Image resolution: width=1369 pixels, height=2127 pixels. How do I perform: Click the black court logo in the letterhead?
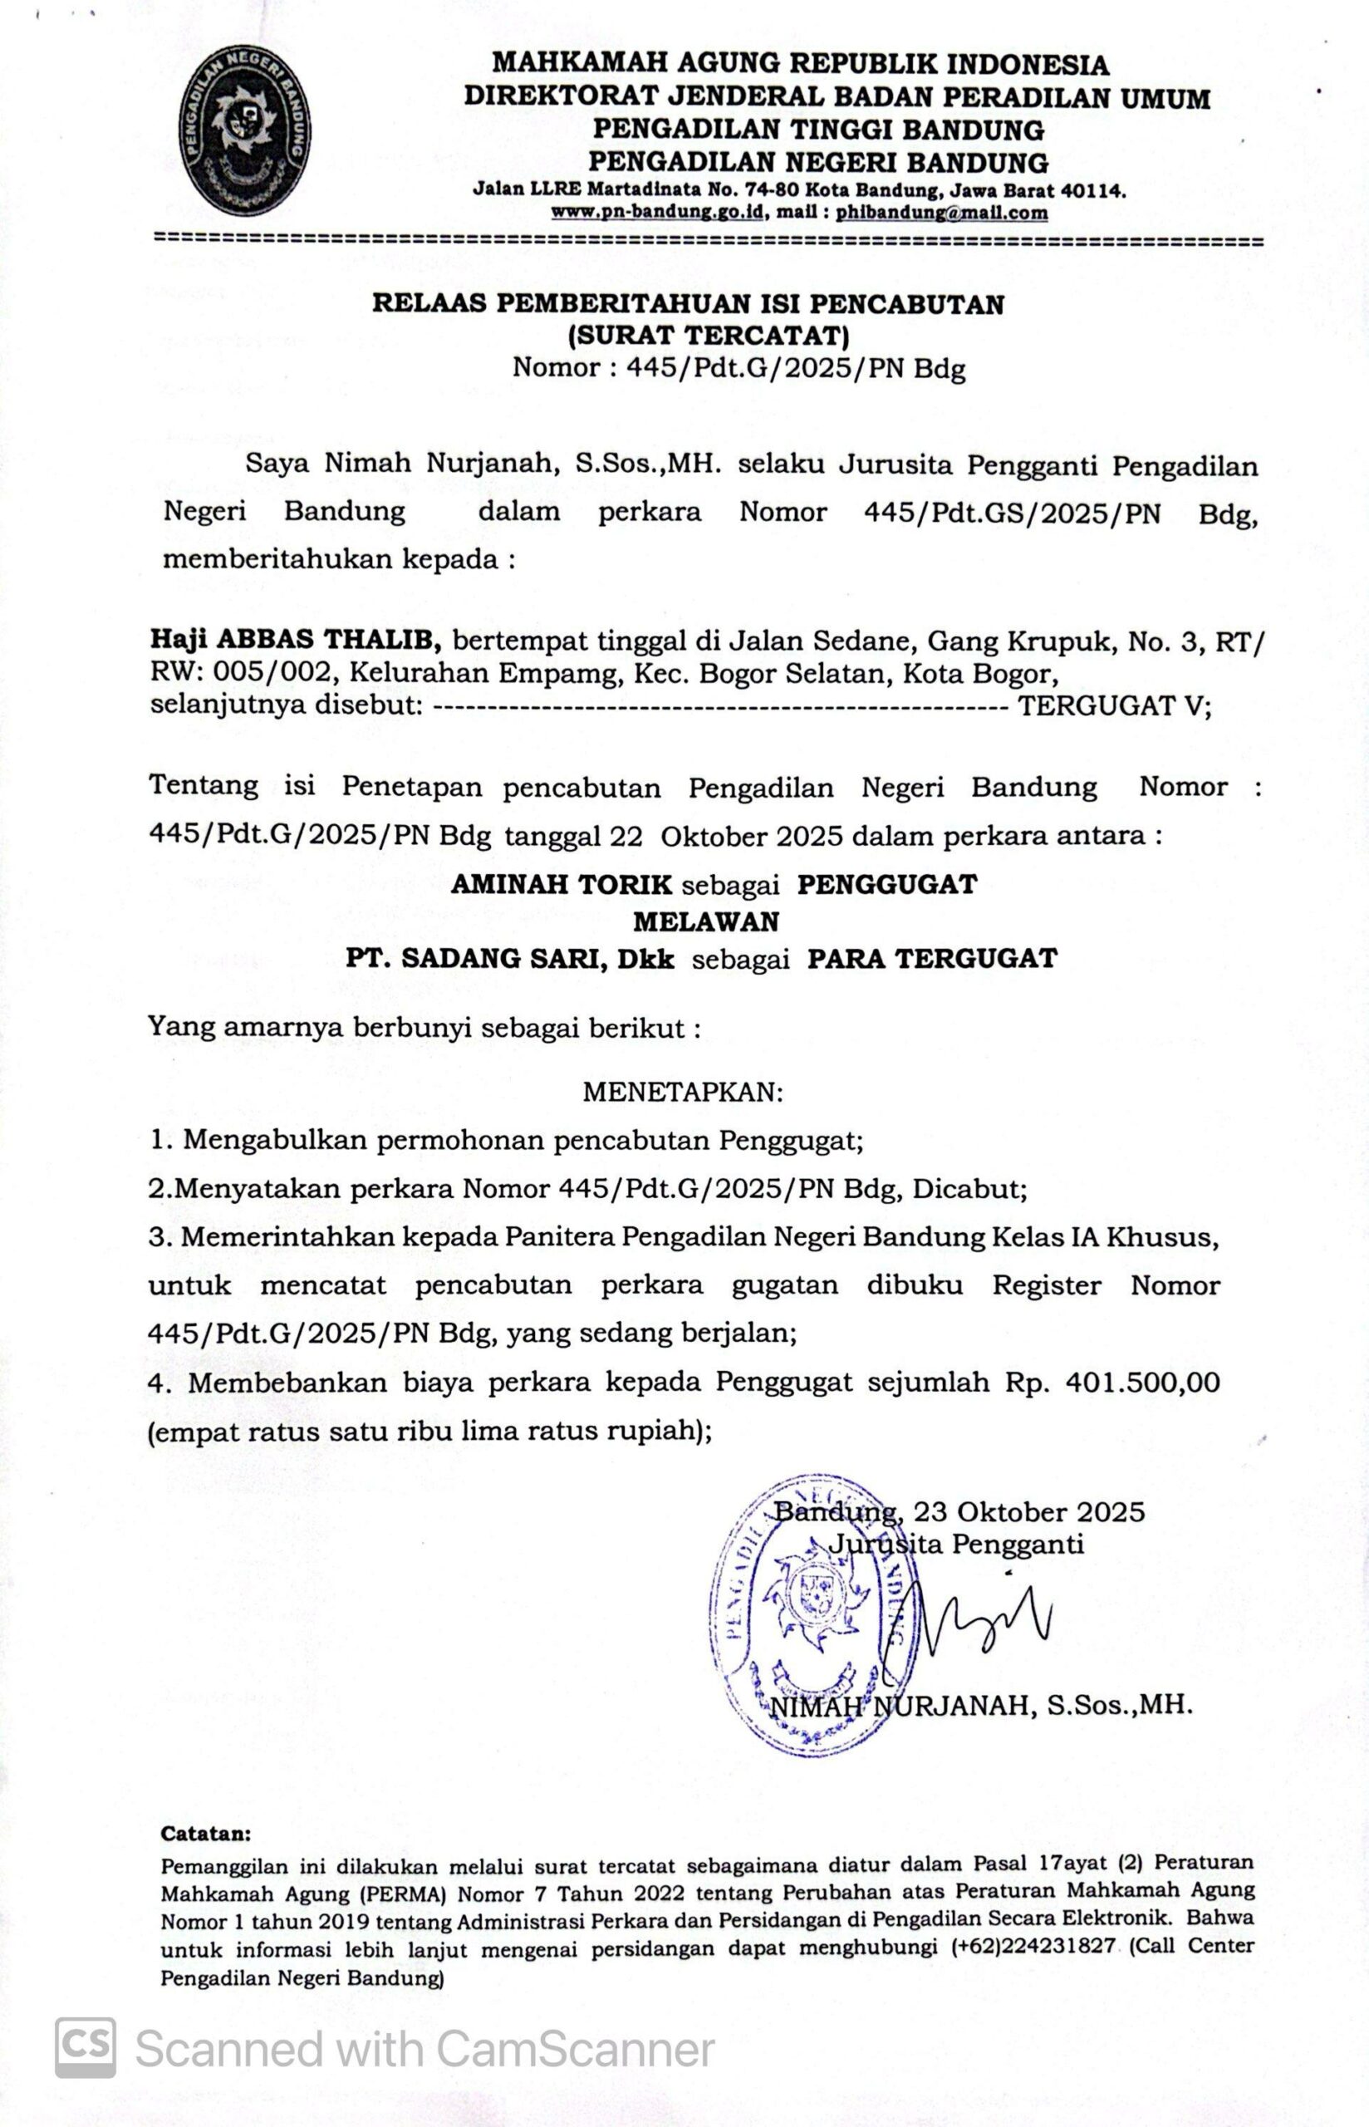click(x=245, y=130)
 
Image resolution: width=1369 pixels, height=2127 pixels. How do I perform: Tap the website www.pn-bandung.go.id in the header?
click(x=659, y=214)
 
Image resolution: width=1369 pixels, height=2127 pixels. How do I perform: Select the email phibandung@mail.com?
click(x=941, y=214)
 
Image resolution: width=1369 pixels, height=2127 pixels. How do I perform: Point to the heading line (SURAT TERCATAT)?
click(x=708, y=336)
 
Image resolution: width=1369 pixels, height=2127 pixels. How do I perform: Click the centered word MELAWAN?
click(x=706, y=921)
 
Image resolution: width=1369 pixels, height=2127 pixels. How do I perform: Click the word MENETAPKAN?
click(x=683, y=1092)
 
